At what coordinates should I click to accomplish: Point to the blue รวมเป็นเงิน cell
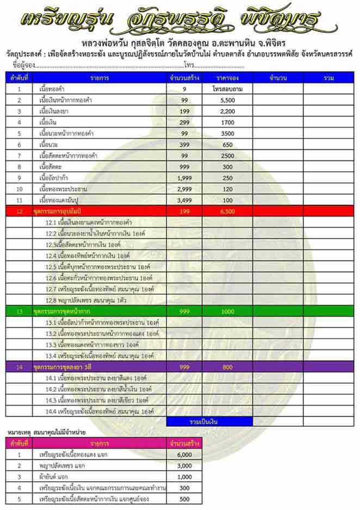click(209, 421)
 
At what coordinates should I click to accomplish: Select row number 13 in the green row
click(20, 312)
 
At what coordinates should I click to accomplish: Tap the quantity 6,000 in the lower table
click(185, 455)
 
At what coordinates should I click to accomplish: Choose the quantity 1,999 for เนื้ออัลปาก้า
click(185, 178)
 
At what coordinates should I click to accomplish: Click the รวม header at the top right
click(328, 78)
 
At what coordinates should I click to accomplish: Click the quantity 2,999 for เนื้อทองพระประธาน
click(185, 189)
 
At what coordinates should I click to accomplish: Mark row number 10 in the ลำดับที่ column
click(20, 189)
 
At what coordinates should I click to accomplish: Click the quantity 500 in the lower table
click(185, 499)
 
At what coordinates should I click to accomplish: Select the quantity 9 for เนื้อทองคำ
click(185, 89)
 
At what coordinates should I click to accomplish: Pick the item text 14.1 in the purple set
click(98, 378)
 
